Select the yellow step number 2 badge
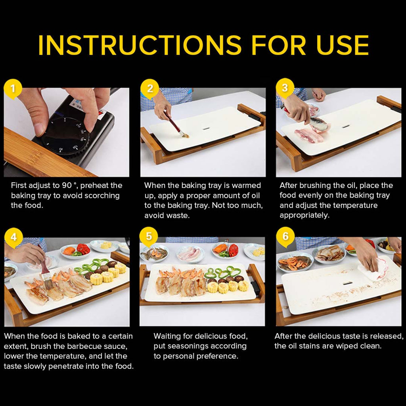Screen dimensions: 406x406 click(x=149, y=89)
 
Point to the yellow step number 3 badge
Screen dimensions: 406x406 click(x=285, y=88)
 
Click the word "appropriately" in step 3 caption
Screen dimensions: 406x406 click(x=304, y=216)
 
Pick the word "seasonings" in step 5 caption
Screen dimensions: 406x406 click(x=192, y=346)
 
